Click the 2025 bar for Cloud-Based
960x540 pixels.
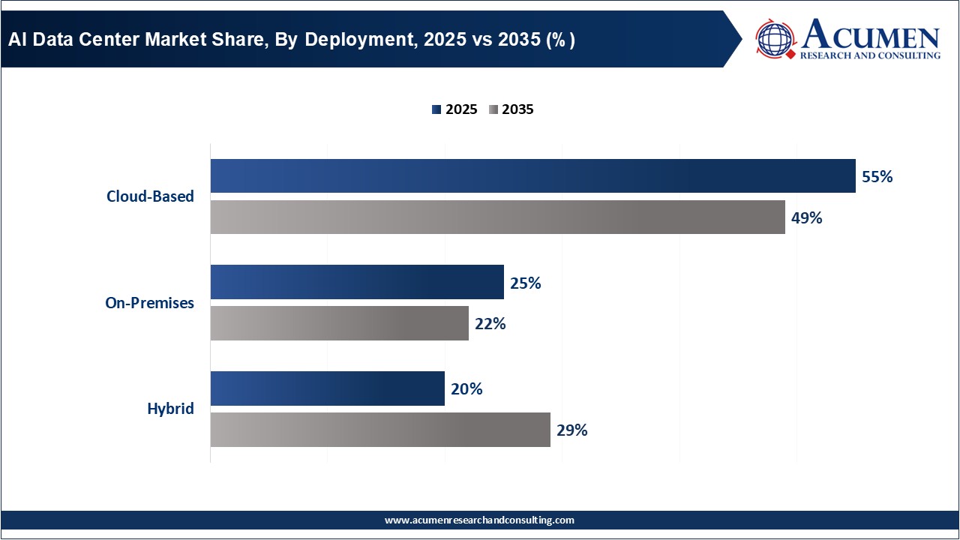pyautogui.click(x=532, y=176)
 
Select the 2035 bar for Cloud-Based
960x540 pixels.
pyautogui.click(x=497, y=217)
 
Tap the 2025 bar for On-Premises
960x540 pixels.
pyautogui.click(x=357, y=282)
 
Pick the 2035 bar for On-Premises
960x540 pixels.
pyautogui.click(x=339, y=323)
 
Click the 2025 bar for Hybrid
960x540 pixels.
pyautogui.click(x=327, y=388)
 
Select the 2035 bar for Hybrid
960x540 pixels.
pyautogui.click(x=380, y=430)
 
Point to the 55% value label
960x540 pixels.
pyautogui.click(x=877, y=177)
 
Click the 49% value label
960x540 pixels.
pyautogui.click(x=807, y=218)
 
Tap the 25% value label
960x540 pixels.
pyautogui.click(x=525, y=283)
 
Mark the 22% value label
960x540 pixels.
pyautogui.click(x=490, y=324)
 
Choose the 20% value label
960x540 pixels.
pyautogui.click(x=466, y=389)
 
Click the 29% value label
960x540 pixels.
pyautogui.click(x=571, y=430)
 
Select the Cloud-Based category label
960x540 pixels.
pyautogui.click(x=150, y=196)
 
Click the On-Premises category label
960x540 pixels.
pyautogui.click(x=149, y=303)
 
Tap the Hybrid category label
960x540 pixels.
pyautogui.click(x=170, y=409)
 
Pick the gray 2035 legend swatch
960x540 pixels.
pyautogui.click(x=493, y=109)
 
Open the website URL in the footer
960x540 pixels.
pyautogui.click(x=479, y=520)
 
